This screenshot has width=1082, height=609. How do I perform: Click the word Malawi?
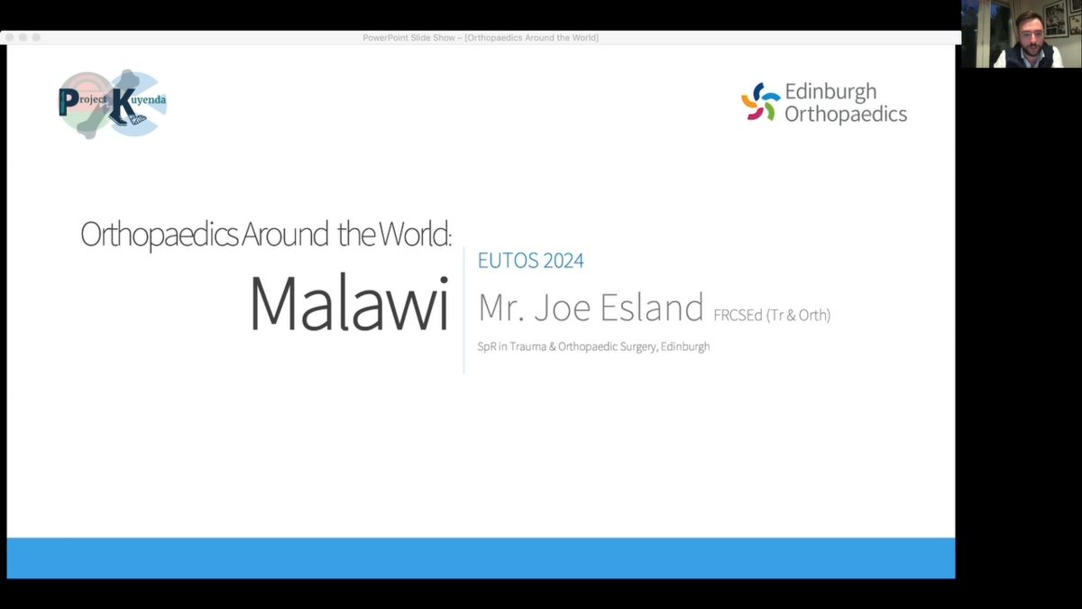(349, 303)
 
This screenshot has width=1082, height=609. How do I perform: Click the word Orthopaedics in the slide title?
(160, 235)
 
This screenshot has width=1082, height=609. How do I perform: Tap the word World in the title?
(415, 234)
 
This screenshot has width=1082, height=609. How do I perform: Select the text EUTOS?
(508, 261)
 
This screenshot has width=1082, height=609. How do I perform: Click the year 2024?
(564, 261)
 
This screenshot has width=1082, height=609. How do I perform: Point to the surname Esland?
(652, 308)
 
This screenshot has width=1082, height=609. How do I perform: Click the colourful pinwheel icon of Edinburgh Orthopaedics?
(760, 101)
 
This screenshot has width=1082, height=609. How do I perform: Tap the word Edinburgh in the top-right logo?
(830, 92)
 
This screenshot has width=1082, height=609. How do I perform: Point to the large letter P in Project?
(69, 102)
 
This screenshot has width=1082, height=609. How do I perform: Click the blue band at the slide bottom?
(481, 558)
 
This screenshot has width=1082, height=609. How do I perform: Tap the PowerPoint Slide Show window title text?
(481, 38)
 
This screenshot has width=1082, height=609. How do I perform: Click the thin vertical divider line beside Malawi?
(463, 310)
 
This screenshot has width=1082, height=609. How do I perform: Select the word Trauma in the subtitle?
(528, 346)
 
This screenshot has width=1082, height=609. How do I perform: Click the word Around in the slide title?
(285, 234)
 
